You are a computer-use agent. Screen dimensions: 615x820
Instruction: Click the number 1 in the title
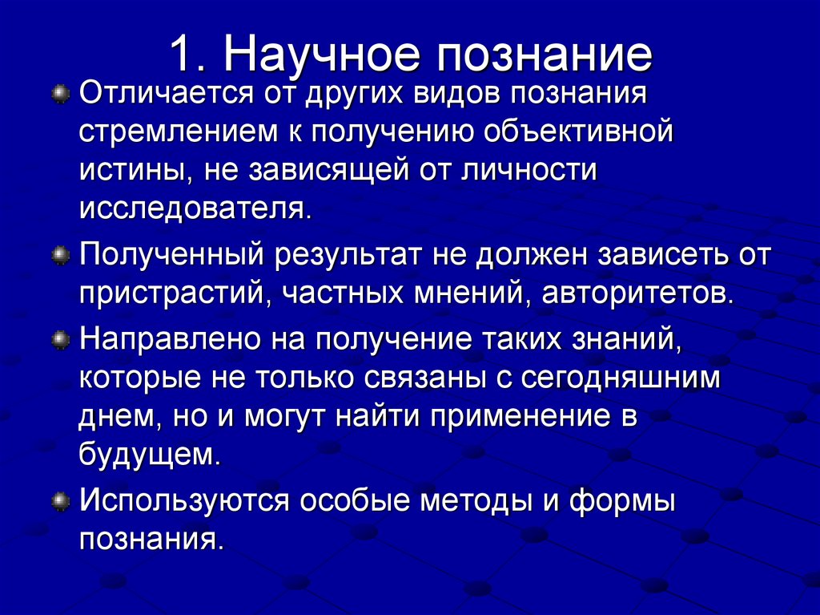pos(180,52)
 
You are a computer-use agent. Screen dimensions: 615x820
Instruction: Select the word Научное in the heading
pos(321,52)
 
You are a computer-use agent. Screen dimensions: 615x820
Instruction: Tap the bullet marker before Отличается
pos(59,95)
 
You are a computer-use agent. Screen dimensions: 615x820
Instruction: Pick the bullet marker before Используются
pos(59,503)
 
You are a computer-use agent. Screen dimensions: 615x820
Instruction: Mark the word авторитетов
pos(637,293)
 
